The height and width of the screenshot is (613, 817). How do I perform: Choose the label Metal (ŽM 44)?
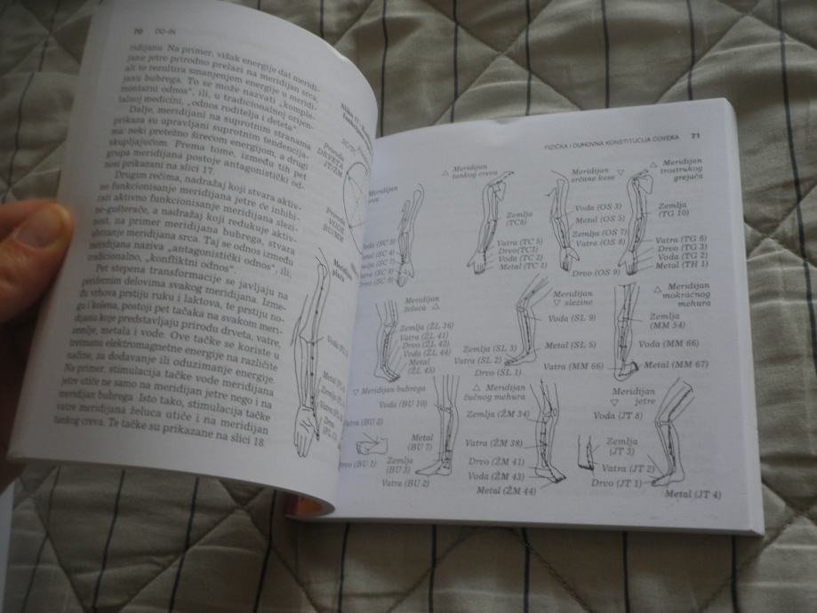point(507,490)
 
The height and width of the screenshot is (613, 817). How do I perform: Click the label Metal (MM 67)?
point(683,365)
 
